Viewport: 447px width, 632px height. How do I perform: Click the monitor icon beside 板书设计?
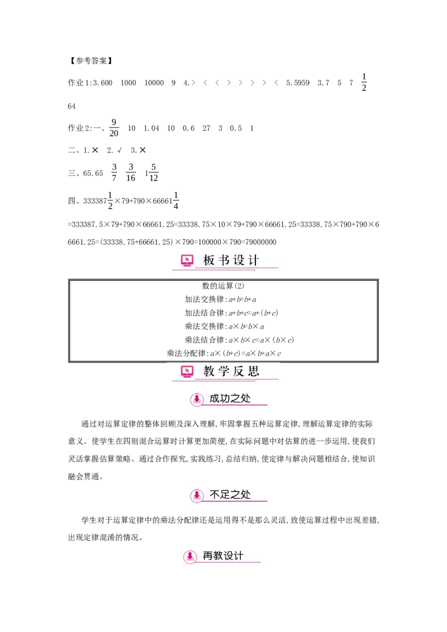click(x=187, y=260)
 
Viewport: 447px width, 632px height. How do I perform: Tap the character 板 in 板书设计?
click(x=209, y=260)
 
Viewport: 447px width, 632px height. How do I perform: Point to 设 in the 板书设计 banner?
click(x=239, y=260)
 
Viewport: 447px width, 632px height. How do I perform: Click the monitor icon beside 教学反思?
click(x=187, y=371)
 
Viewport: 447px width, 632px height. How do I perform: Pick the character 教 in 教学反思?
click(x=209, y=371)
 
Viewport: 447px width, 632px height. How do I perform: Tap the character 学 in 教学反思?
click(x=224, y=371)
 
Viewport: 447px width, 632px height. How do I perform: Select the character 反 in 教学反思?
click(x=239, y=371)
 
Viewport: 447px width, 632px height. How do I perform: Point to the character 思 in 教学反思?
click(x=254, y=371)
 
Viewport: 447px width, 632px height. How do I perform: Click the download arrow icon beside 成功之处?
click(x=197, y=400)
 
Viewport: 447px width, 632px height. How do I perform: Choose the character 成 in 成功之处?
click(x=215, y=399)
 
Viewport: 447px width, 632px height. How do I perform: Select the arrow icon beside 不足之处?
click(x=197, y=495)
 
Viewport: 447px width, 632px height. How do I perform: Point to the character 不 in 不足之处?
click(x=215, y=494)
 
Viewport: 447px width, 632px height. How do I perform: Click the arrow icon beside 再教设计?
click(x=190, y=557)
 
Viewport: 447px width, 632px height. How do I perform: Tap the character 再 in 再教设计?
click(x=208, y=556)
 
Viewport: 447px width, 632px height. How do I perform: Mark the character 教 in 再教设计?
click(x=218, y=556)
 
